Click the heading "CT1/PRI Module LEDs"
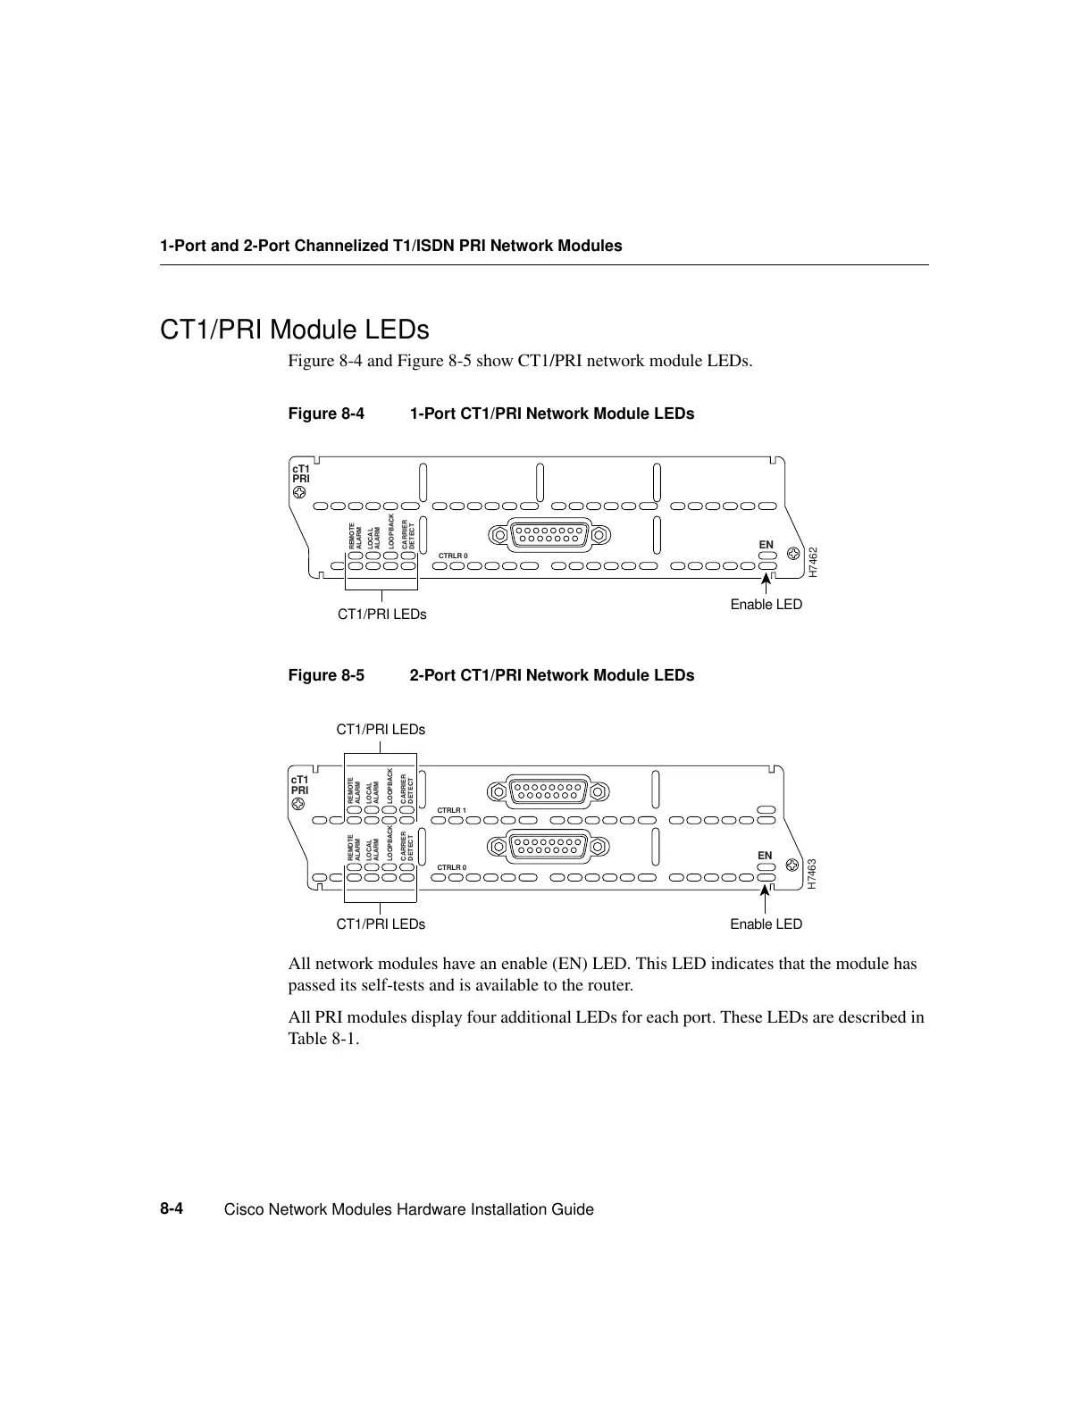coord(294,330)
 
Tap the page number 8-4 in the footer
coord(172,1209)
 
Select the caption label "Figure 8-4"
coord(326,414)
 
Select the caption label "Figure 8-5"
coord(326,675)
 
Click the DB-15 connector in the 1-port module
coord(549,534)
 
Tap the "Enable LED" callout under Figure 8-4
coord(766,605)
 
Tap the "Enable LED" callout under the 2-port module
coord(766,924)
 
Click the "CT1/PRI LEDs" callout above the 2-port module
coord(381,730)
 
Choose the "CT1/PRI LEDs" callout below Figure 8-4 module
coord(381,615)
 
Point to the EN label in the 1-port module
coord(766,544)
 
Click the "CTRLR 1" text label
coord(452,810)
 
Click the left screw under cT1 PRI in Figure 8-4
coord(299,491)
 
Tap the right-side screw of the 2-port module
coord(791,865)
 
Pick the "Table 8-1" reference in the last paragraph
coord(321,1039)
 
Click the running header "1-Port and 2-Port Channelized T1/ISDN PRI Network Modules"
coord(390,246)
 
